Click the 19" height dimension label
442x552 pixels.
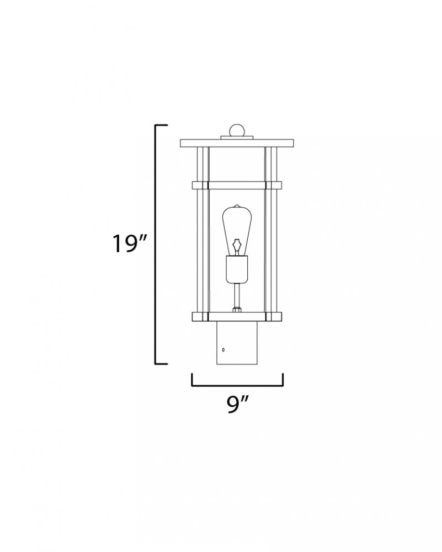coord(129,243)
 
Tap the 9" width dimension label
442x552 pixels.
coord(237,404)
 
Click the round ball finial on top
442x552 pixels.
coord(237,130)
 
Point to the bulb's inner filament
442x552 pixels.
coord(237,246)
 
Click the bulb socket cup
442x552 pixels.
coord(237,270)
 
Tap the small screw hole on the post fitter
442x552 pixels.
coord(223,349)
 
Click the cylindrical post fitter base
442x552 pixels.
coord(237,343)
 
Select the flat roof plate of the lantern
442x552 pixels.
coord(237,144)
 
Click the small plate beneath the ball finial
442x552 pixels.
coord(237,137)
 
